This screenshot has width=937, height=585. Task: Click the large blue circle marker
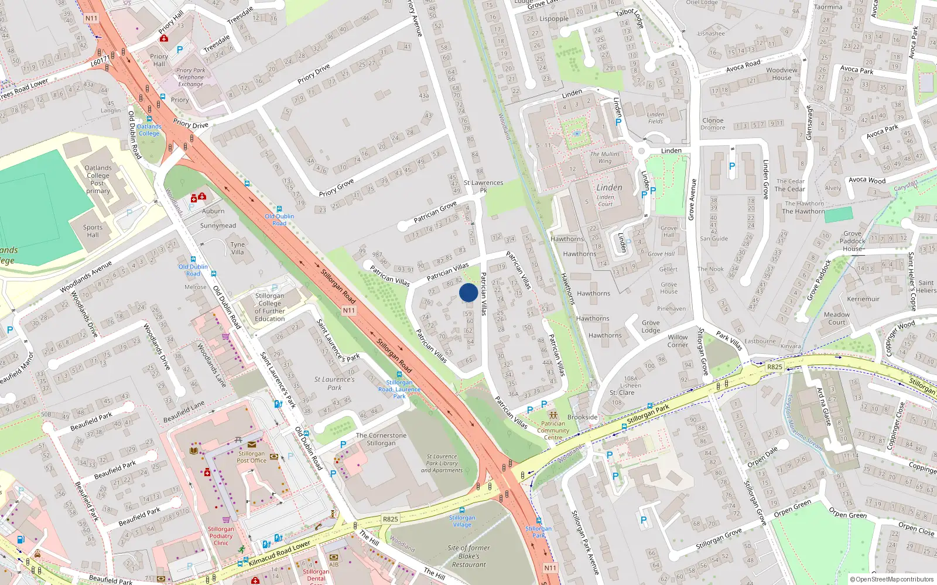coord(468,292)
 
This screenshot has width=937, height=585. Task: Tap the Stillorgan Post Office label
coord(251,457)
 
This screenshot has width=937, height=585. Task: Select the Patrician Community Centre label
coord(553,431)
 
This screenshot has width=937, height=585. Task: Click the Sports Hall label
coord(93,231)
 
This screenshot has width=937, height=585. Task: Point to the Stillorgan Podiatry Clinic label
coord(221,536)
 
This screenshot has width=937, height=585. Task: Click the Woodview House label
coord(781,74)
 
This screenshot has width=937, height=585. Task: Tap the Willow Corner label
coord(678,341)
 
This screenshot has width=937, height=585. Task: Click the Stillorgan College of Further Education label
coord(269,307)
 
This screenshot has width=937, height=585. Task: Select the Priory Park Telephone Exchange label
coord(191,77)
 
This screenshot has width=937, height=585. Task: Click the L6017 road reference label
coord(100,61)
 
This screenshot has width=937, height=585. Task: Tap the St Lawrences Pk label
coord(483,186)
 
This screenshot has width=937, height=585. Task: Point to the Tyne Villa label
coord(237,249)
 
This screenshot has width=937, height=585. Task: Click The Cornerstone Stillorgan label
coord(381,439)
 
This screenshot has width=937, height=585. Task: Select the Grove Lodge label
coord(650,326)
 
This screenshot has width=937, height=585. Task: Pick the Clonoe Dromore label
coord(713,123)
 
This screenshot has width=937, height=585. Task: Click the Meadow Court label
coord(836,318)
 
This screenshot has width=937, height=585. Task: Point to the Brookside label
coord(582,417)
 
